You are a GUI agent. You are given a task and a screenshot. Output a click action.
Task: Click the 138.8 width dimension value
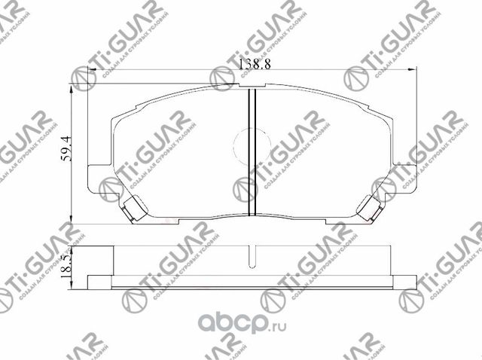(x=253, y=66)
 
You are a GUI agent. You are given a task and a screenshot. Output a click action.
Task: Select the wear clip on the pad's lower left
(x=135, y=206)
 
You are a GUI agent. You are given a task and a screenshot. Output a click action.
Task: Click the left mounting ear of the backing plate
(x=98, y=179)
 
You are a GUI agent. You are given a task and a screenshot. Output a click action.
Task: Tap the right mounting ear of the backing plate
(x=407, y=179)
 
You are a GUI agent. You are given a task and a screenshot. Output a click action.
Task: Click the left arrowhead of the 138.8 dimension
(x=94, y=71)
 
